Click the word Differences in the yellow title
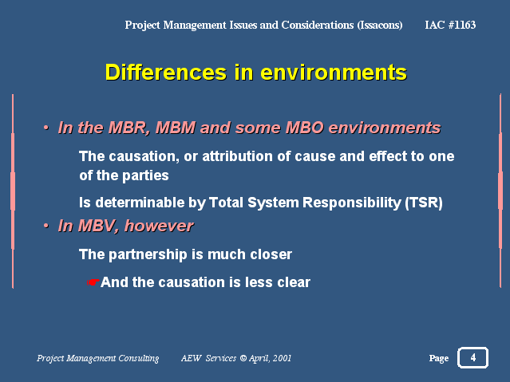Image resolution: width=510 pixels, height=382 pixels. click(x=165, y=72)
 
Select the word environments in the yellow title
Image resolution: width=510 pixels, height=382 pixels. click(x=334, y=73)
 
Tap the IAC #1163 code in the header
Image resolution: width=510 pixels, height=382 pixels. click(x=450, y=25)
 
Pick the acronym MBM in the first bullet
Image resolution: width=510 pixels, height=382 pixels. click(x=176, y=128)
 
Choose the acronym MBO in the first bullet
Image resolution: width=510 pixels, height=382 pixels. click(x=304, y=128)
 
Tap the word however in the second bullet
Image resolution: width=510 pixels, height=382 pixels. click(x=159, y=226)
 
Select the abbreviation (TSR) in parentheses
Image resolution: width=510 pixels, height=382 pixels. click(x=424, y=203)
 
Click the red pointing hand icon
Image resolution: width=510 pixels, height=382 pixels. click(x=93, y=282)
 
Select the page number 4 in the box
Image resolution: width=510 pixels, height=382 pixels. click(x=473, y=357)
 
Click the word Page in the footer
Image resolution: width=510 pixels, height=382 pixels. click(x=439, y=358)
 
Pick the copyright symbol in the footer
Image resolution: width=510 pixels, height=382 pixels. click(x=243, y=358)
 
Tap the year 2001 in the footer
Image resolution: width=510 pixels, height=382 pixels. click(x=282, y=358)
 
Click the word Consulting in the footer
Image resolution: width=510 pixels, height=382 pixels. click(x=139, y=358)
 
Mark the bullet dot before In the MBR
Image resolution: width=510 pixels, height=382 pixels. click(x=45, y=128)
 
